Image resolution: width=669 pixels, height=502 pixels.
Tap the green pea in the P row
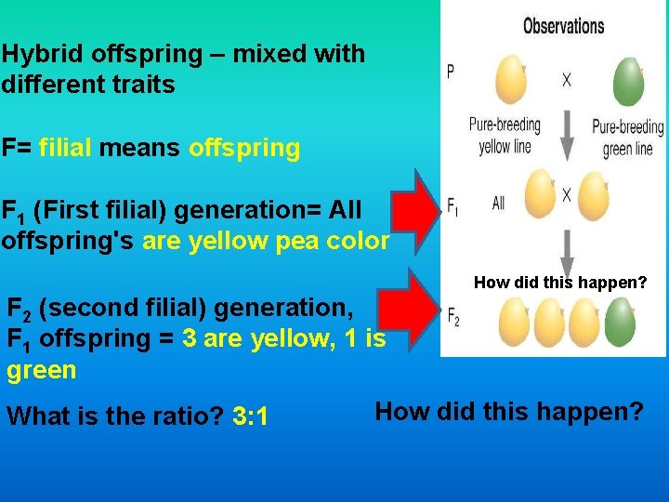point(628,82)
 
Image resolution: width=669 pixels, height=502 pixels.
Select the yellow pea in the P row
point(509,80)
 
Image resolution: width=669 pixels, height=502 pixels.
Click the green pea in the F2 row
point(619,322)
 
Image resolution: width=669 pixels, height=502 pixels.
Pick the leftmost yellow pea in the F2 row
point(514,322)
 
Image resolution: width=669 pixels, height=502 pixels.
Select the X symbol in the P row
point(567,81)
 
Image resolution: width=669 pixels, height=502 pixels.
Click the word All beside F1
point(498,203)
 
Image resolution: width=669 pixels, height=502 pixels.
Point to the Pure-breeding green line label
point(628,138)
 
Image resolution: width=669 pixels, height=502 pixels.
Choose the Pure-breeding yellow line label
point(505,136)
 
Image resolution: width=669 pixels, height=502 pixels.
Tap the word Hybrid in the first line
point(37,54)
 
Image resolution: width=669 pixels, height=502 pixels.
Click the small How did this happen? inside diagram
point(559,283)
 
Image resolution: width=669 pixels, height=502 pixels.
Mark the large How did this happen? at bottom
point(508,410)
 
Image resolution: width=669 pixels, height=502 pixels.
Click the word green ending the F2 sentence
point(41,370)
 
